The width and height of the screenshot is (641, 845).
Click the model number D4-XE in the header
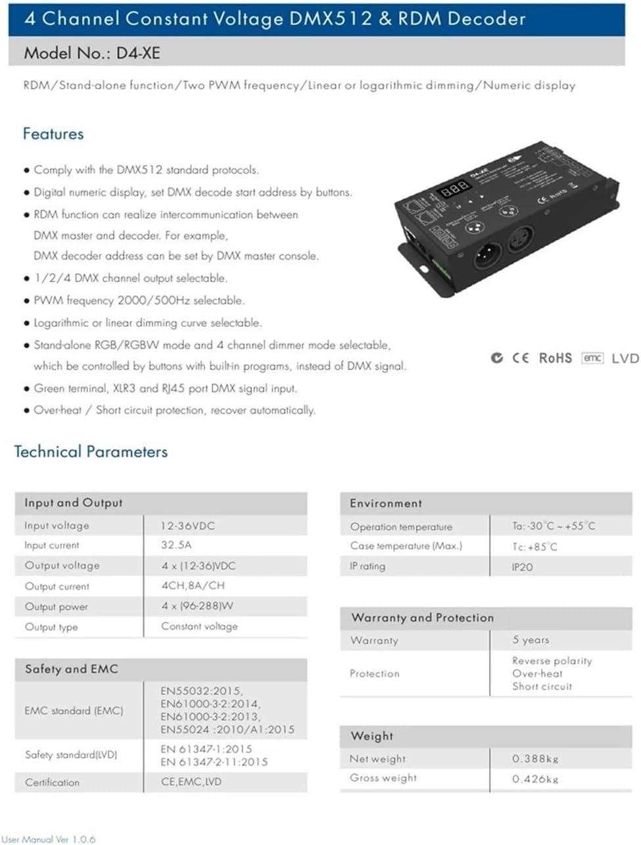(138, 53)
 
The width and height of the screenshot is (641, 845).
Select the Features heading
(53, 133)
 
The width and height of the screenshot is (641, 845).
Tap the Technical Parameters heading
(91, 452)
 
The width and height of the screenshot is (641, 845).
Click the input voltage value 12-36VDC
(187, 525)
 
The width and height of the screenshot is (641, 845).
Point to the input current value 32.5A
(176, 545)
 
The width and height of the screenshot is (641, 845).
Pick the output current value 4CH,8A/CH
(193, 585)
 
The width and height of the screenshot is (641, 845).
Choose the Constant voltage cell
(199, 627)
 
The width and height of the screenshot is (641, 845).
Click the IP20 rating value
(522, 567)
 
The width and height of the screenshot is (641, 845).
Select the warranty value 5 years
(531, 640)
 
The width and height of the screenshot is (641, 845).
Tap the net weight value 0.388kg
(535, 759)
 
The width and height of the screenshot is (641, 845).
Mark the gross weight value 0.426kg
(535, 779)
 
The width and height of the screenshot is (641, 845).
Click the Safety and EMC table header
(72, 669)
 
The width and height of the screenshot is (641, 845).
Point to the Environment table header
(386, 503)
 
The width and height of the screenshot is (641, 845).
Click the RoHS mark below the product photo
(555, 358)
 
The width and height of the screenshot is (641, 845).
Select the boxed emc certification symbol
(592, 358)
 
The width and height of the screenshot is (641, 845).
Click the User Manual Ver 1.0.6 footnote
(48, 839)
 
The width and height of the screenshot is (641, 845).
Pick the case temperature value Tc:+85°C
(534, 546)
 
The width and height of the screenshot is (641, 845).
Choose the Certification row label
(52, 783)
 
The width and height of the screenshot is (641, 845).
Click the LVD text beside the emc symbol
(625, 358)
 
